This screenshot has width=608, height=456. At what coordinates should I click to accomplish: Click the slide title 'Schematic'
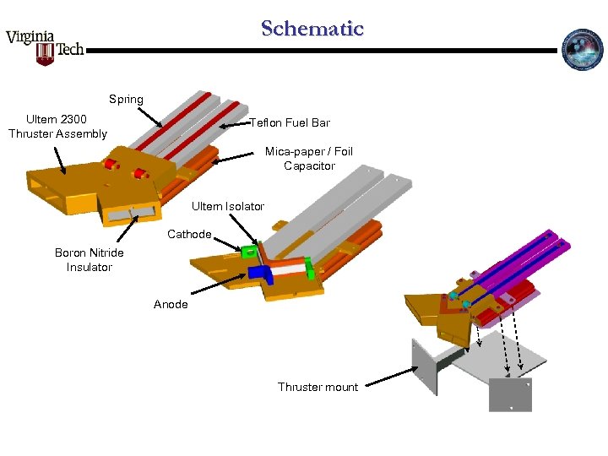pyautogui.click(x=312, y=29)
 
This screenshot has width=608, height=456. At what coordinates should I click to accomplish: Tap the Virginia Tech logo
pyautogui.click(x=46, y=46)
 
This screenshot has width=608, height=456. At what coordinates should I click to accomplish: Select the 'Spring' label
pyautogui.click(x=126, y=99)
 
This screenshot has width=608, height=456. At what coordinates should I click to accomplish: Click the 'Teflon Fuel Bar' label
pyautogui.click(x=290, y=123)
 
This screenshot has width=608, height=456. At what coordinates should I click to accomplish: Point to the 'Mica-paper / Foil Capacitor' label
pyautogui.click(x=309, y=159)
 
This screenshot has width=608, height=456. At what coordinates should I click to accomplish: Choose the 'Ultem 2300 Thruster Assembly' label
pyautogui.click(x=57, y=127)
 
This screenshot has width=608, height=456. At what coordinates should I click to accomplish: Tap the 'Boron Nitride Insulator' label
pyautogui.click(x=90, y=260)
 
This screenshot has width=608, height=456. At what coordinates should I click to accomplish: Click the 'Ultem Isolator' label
pyautogui.click(x=228, y=206)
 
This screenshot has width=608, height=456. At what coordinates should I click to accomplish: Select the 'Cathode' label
pyautogui.click(x=189, y=234)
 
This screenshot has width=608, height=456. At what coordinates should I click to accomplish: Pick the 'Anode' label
pyautogui.click(x=171, y=304)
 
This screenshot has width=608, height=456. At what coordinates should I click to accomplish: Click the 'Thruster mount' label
pyautogui.click(x=318, y=387)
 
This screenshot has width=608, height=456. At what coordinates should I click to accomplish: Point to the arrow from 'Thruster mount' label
pyautogui.click(x=388, y=377)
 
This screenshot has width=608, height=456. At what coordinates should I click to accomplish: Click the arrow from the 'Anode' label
pyautogui.click(x=220, y=287)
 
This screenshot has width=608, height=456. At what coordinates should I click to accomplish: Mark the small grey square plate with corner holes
pyautogui.click(x=510, y=394)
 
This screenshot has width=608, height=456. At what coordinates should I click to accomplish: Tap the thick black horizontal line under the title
pyautogui.click(x=321, y=51)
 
